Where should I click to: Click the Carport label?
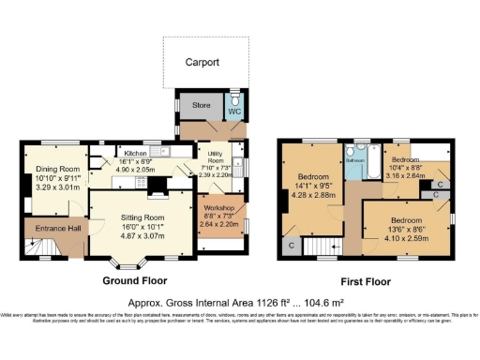coord(201,62)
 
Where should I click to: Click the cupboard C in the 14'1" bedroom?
coord(292,246)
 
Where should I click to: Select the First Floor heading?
coord(363,279)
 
